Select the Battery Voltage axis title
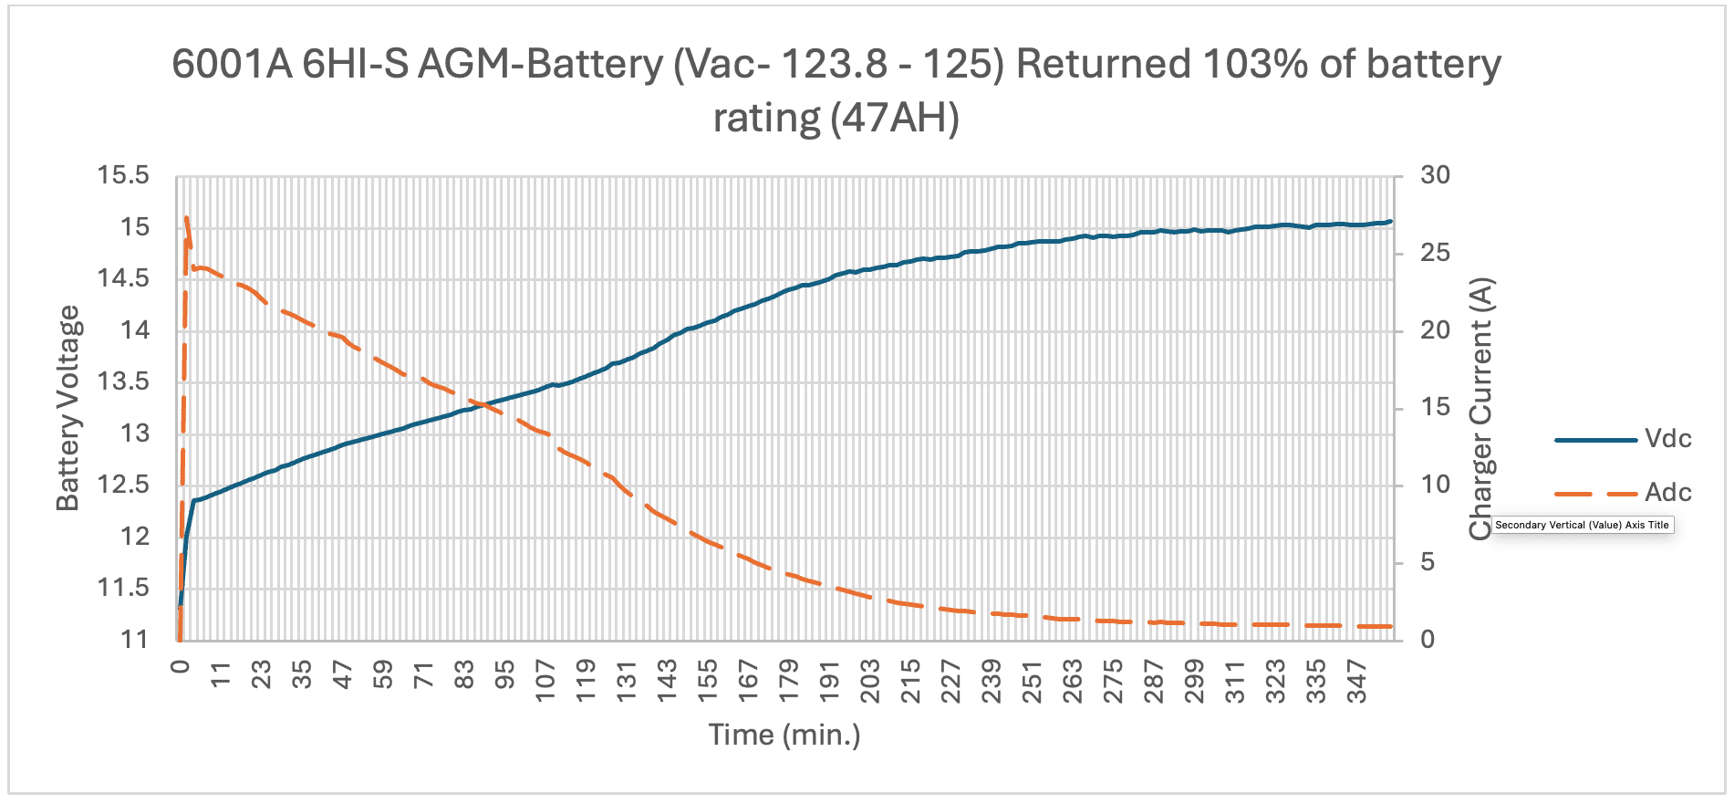[x=68, y=408]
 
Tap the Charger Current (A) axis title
[x=1481, y=408]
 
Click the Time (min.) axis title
[x=784, y=735]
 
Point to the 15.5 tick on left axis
[x=123, y=175]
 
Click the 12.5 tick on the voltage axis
[x=123, y=485]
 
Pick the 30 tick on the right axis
[x=1435, y=175]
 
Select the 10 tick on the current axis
[x=1435, y=485]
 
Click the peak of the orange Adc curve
[x=186, y=218]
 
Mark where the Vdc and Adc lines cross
[x=480, y=402]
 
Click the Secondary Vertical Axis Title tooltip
[x=1582, y=525]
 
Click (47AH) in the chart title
[x=895, y=118]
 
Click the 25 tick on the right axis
[x=1435, y=253]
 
